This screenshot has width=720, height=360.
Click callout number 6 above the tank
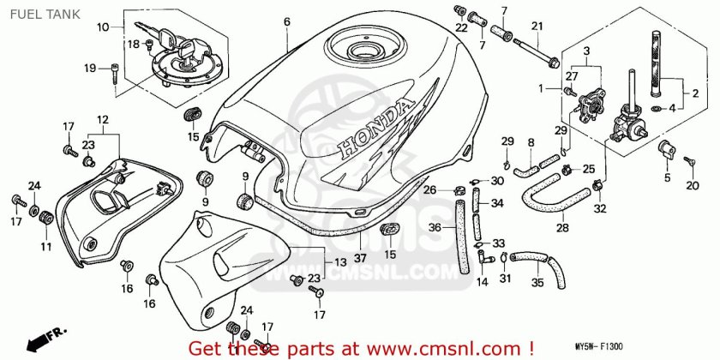coord(287,22)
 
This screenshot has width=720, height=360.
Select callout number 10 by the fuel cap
coord(103,27)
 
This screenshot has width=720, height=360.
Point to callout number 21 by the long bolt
coord(537,27)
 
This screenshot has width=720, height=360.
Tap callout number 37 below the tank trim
coord(360,259)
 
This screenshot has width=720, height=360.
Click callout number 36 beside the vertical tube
coord(435,228)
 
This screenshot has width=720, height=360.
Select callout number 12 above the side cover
coord(102,119)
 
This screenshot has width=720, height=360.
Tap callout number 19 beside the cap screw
coord(89,69)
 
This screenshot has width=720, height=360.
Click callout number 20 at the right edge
coord(693,184)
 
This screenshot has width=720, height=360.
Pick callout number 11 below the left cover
coord(36,247)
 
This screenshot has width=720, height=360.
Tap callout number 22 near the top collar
coord(462,27)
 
